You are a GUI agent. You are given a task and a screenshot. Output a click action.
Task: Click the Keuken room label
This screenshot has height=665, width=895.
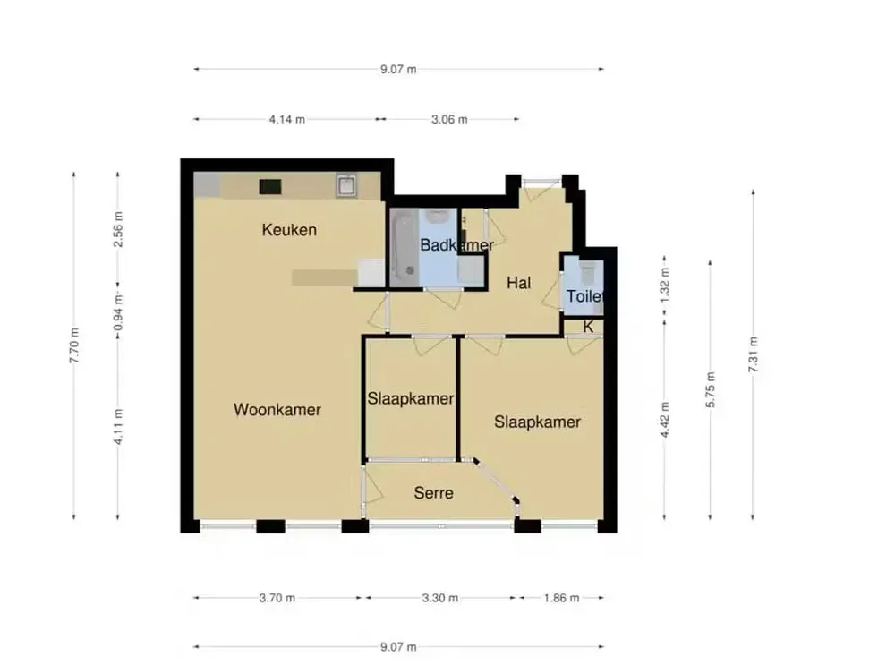coord(289,230)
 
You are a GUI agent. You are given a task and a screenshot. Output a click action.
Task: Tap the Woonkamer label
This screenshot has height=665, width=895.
coord(277,410)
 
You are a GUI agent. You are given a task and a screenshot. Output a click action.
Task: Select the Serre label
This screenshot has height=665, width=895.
coord(433,493)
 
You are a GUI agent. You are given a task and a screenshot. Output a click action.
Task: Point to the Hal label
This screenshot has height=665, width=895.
coord(519,283)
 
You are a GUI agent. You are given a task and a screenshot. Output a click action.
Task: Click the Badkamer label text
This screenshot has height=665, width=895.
coord(456,244)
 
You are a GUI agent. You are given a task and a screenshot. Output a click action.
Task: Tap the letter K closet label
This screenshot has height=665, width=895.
coord(588,327)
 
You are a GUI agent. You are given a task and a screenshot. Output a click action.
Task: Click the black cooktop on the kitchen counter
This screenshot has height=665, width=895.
coord(270,186)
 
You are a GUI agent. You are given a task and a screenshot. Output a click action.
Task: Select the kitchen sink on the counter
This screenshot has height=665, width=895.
coord(347,186)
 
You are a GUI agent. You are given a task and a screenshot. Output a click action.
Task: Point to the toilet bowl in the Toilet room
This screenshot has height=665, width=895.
coord(587,272)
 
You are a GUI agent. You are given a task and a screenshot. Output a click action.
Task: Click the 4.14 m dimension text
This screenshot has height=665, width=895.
coord(286,119)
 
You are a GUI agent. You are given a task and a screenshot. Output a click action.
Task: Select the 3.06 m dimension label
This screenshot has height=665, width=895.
coord(449,119)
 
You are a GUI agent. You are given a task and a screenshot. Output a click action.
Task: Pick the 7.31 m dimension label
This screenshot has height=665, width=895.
coord(754,354)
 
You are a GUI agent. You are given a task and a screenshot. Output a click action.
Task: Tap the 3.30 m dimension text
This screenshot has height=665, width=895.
coord(440,598)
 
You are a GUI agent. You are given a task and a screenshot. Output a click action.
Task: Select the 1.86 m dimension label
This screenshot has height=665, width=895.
coord(561,598)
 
